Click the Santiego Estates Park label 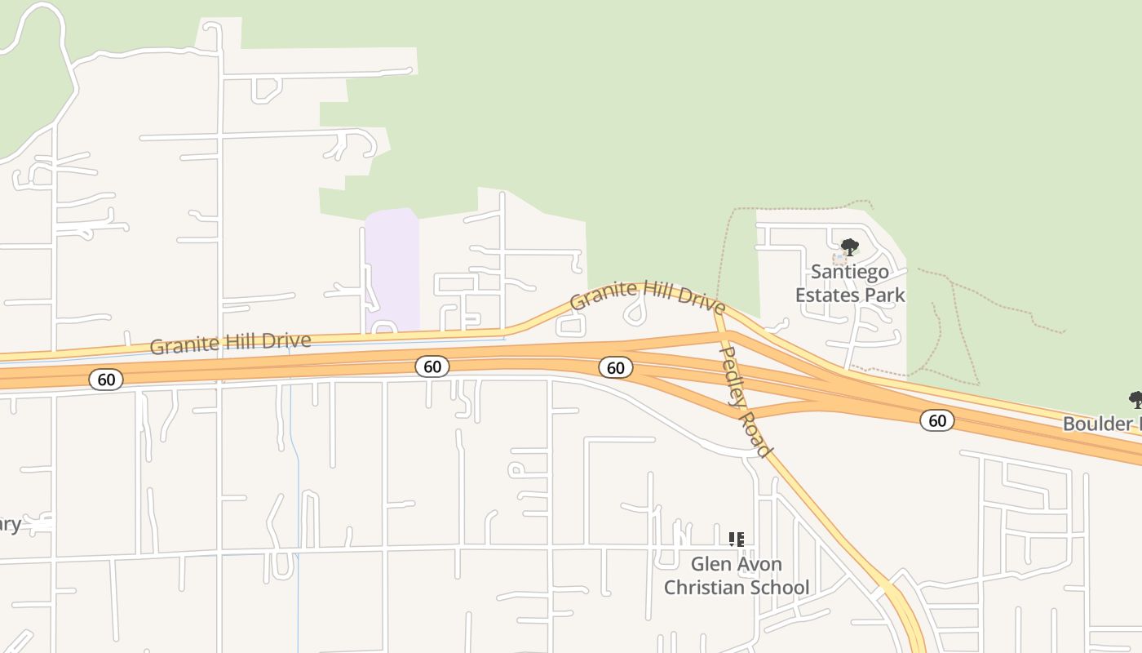[x=850, y=283]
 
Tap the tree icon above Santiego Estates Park [x=850, y=247]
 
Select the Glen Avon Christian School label [x=737, y=575]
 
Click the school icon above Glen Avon [x=737, y=540]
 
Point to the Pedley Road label [x=745, y=401]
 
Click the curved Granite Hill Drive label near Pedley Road [x=647, y=295]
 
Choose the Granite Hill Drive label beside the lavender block [x=230, y=343]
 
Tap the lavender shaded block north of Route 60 [x=392, y=269]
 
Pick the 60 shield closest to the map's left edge [x=106, y=379]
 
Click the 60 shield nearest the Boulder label [x=937, y=420]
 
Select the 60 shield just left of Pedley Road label [x=616, y=368]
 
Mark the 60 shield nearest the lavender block [x=432, y=366]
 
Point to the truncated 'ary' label [x=10, y=524]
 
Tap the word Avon [x=759, y=564]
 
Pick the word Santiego [x=850, y=272]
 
